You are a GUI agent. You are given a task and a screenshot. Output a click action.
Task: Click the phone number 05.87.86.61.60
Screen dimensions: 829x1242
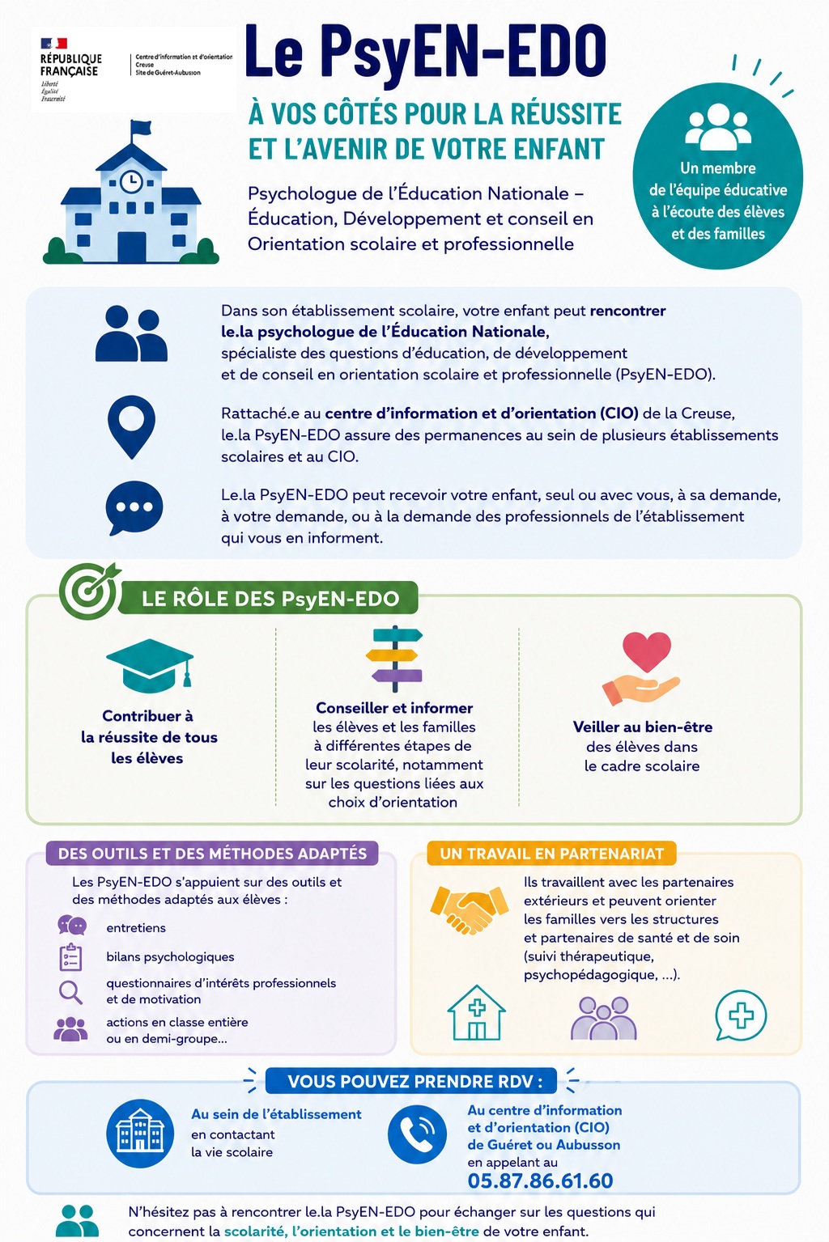540,1181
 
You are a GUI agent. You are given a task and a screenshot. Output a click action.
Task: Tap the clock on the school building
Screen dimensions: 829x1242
131,181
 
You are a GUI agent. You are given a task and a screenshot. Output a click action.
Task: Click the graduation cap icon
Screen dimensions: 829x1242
150,665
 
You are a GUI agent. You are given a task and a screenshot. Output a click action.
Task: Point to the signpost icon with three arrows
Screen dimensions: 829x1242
394,659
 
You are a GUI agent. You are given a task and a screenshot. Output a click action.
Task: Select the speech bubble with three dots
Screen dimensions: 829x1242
134,508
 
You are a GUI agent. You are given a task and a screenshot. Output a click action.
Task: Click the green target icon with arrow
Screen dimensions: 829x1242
89,591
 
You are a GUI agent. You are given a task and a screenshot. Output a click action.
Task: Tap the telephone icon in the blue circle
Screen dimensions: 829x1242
417,1134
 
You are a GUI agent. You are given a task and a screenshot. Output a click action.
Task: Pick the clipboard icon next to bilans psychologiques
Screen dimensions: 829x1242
70,957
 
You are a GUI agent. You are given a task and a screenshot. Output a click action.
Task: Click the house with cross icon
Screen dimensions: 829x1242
477,1012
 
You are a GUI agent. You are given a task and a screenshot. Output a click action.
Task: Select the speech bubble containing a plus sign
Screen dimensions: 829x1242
741,1015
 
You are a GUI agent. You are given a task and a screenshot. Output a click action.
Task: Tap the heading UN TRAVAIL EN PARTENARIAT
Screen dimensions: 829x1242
551,854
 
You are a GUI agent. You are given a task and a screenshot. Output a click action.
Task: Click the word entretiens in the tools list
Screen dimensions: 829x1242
136,927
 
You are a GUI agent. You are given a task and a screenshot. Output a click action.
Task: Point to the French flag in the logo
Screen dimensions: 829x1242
53,43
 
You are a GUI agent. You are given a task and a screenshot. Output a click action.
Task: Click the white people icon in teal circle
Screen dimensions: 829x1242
718,127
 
